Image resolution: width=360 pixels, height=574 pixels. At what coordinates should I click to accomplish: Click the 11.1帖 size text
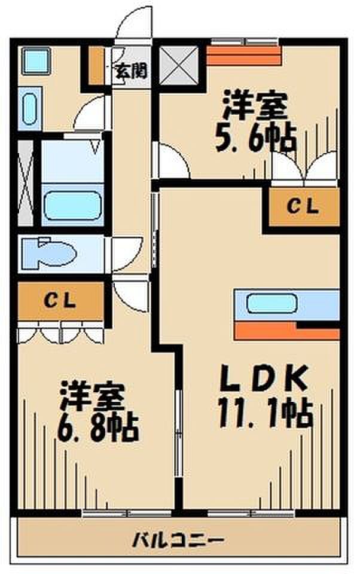point(264,413)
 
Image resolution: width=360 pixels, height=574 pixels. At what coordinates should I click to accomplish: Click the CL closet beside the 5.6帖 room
point(304,207)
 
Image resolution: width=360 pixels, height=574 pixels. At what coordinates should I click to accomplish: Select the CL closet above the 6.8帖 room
point(60,301)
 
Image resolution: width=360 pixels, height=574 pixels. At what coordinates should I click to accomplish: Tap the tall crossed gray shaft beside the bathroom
point(25,182)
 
